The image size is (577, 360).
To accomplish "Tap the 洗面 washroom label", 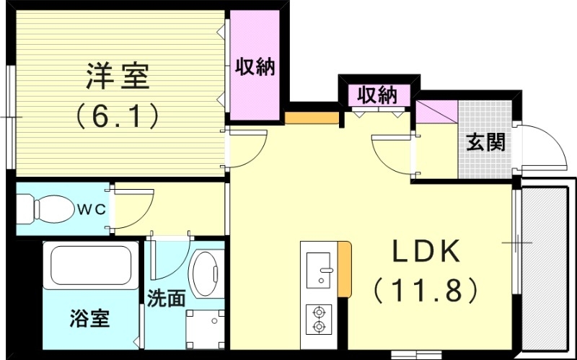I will (167, 298).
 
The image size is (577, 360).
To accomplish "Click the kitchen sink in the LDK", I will (318, 267).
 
